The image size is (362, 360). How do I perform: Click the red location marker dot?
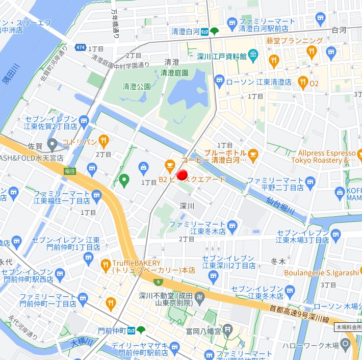click(x=182, y=175)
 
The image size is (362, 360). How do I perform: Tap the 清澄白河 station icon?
click(x=204, y=32)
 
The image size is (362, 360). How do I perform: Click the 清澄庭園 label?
click(x=174, y=73)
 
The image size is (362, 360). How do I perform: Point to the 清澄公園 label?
click(x=137, y=87)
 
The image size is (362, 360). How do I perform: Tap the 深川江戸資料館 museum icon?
click(x=253, y=56)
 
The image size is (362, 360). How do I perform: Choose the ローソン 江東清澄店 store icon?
click(x=219, y=81)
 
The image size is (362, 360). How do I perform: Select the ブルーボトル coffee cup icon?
click(x=253, y=153)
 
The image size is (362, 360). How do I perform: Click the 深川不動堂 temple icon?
click(x=200, y=296)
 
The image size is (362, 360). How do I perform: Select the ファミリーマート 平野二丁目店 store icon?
click(x=310, y=181)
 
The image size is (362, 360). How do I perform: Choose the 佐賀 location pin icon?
click(x=52, y=145)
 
